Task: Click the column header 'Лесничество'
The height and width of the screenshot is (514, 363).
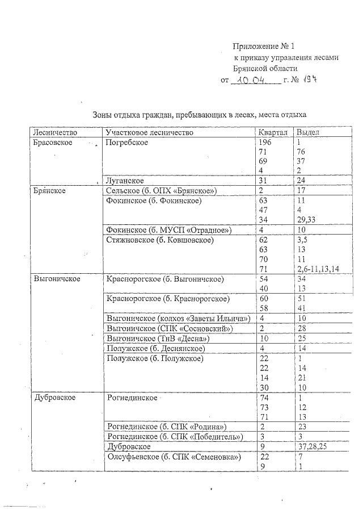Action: click(53, 132)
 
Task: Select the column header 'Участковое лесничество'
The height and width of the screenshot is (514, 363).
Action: click(150, 132)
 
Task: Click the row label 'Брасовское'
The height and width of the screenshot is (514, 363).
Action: click(53, 142)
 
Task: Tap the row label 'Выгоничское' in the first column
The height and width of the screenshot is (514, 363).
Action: click(57, 279)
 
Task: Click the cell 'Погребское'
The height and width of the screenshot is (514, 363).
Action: click(127, 142)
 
